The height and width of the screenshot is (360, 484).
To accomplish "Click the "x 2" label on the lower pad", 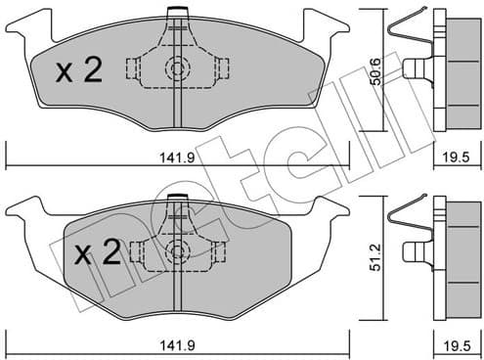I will [99, 255].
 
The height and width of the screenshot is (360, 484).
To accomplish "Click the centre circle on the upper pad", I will [177, 68].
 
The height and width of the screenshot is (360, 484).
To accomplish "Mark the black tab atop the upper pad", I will [177, 12].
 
